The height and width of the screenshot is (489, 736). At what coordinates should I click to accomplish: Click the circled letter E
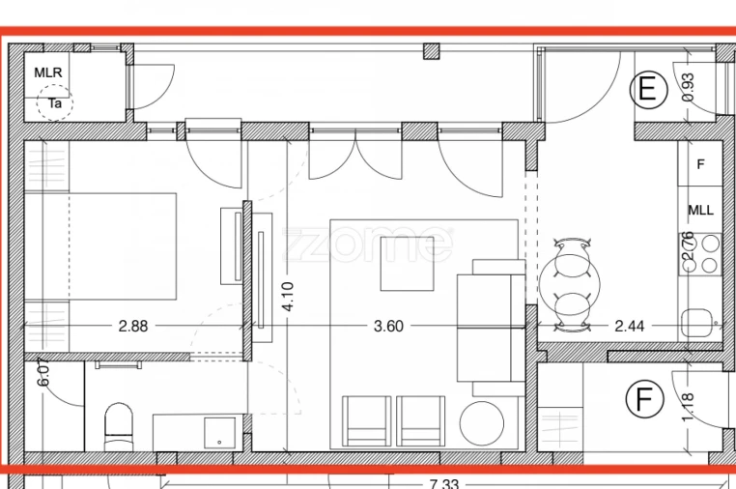(x=648, y=90)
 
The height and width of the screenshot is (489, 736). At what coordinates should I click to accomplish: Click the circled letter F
(x=638, y=398)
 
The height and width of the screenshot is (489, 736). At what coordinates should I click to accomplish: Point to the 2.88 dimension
(x=133, y=327)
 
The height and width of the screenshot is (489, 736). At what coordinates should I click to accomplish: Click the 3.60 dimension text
(x=387, y=327)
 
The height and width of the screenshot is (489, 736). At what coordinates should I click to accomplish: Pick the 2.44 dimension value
(x=629, y=327)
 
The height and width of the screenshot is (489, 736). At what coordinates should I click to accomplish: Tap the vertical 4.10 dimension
(x=287, y=297)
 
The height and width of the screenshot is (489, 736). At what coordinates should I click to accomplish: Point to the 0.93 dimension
(x=688, y=89)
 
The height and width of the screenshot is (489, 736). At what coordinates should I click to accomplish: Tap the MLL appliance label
(x=701, y=210)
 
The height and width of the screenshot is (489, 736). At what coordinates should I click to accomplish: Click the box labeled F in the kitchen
(x=701, y=165)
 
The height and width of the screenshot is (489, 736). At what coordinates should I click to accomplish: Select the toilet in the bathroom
(x=117, y=426)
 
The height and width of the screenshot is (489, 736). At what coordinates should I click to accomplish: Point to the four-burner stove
(x=701, y=254)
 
